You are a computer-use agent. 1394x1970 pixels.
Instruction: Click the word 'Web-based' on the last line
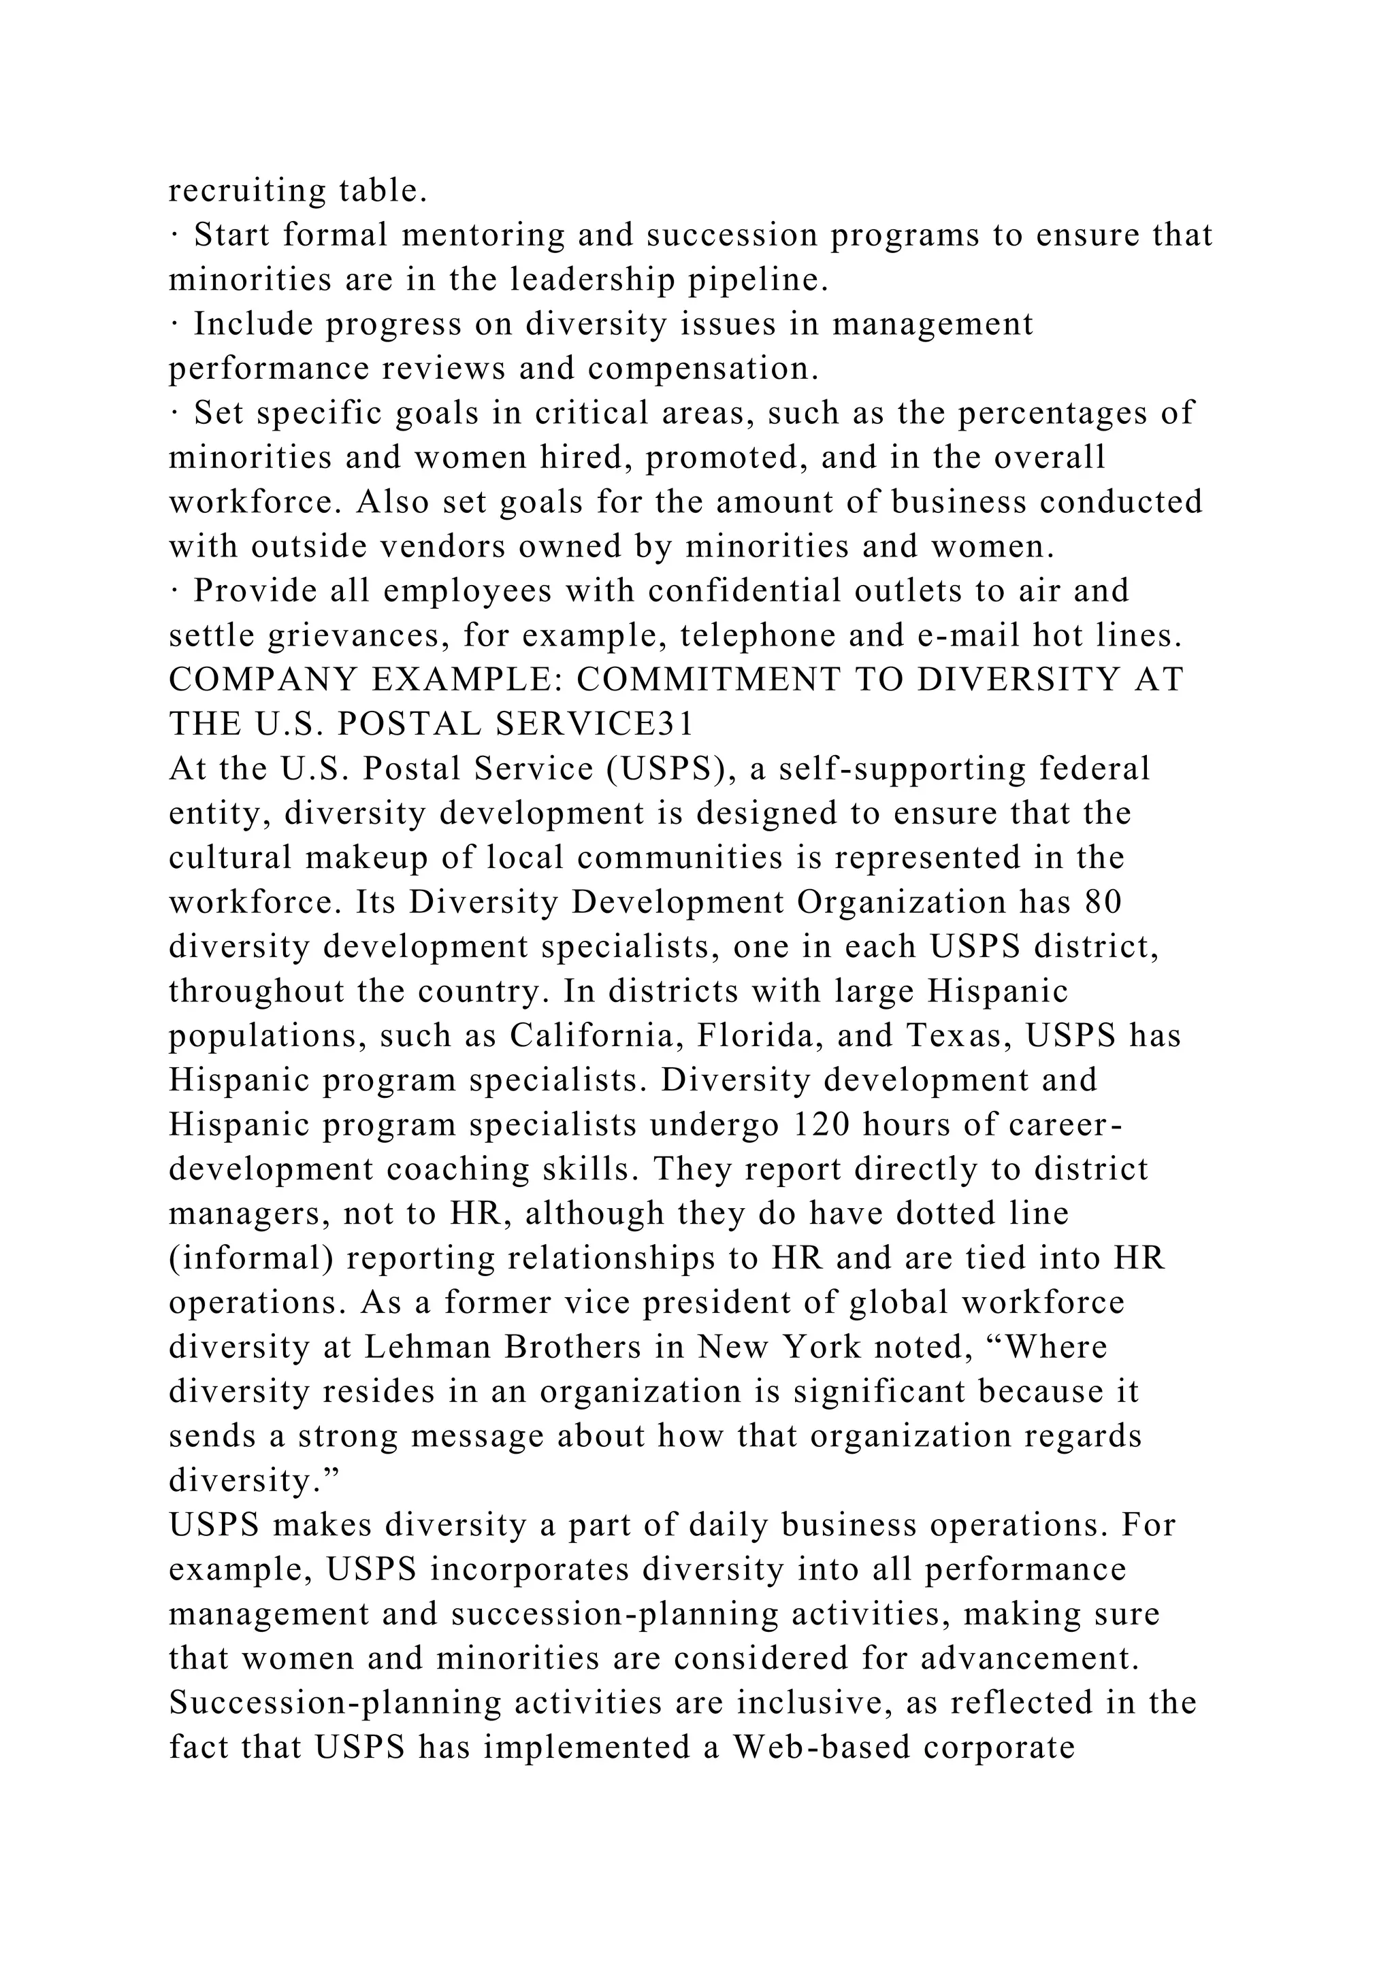[x=820, y=1747]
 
